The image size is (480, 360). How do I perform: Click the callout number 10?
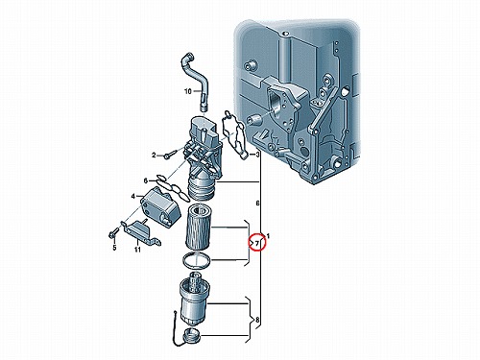[188, 91]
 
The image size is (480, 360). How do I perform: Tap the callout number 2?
[154, 156]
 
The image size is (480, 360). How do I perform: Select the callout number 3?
[257, 155]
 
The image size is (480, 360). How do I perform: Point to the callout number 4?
[133, 196]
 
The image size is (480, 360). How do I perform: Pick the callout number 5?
[114, 248]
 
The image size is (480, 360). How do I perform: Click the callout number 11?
[137, 250]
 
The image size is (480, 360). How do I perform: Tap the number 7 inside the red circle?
[257, 244]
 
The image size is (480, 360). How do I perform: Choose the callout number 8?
[258, 320]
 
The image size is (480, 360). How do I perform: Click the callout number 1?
[268, 236]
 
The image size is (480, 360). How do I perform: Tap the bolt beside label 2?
[170, 155]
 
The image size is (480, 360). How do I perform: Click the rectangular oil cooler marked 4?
[159, 205]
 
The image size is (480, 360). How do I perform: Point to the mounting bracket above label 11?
[141, 232]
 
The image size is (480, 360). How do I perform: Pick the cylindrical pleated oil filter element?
[198, 227]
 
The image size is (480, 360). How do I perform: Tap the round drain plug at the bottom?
[192, 335]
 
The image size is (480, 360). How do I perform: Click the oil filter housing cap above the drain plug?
[194, 300]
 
